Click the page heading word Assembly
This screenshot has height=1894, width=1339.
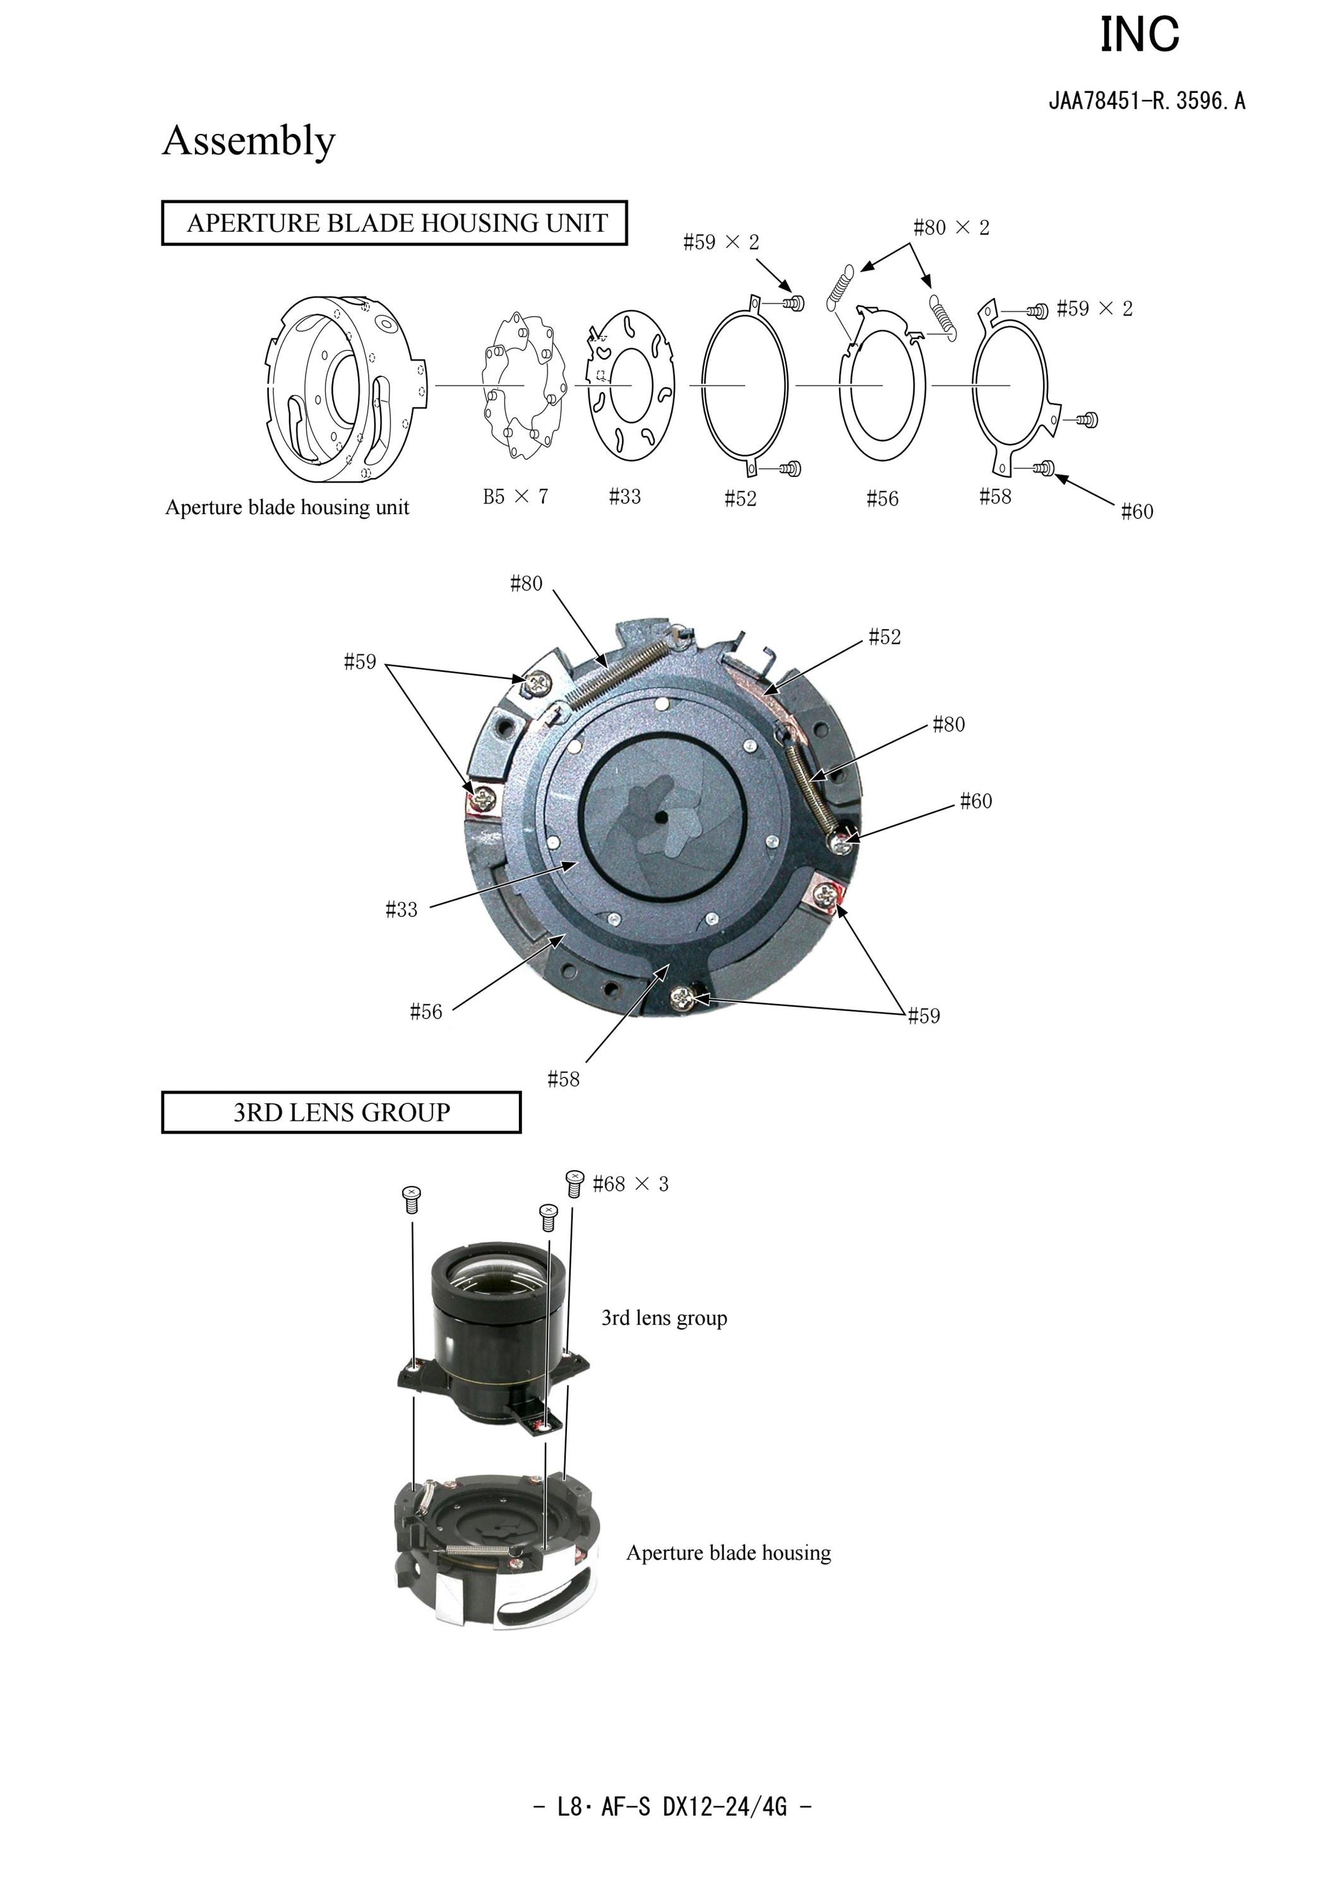tap(249, 141)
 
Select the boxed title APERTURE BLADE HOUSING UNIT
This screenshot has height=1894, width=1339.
tap(394, 224)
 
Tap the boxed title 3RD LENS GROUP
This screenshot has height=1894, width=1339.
tap(342, 1113)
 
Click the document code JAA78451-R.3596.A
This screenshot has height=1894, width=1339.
tap(1147, 102)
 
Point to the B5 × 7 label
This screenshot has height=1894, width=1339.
tap(515, 496)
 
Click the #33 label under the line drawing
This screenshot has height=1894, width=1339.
tap(625, 496)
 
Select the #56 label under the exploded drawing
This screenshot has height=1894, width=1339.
tap(882, 498)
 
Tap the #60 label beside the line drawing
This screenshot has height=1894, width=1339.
tap(1137, 512)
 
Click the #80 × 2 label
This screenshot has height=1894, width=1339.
tap(951, 228)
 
